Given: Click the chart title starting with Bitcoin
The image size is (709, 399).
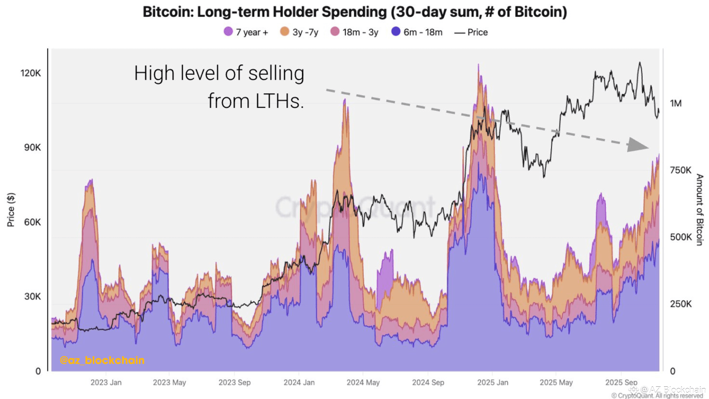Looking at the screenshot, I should tap(354, 12).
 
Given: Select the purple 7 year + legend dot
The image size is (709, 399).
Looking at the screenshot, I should tap(228, 32).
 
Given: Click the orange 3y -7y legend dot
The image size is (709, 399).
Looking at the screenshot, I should tap(284, 32).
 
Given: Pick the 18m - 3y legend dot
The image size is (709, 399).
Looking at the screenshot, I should tap(335, 32).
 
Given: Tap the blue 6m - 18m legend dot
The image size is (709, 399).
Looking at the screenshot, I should tap(396, 32).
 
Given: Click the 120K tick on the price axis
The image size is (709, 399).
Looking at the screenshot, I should tap(31, 73).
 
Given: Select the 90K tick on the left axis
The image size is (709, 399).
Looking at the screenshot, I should tap(32, 147).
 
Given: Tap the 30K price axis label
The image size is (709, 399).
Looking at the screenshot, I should tap(32, 297).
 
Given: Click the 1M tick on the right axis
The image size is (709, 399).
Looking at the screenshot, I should tap(676, 103).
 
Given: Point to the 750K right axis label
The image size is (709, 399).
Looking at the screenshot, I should tap(681, 170).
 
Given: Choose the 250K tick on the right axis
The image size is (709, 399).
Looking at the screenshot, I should tap(681, 304).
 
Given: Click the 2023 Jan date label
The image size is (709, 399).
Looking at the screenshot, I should tap(106, 383).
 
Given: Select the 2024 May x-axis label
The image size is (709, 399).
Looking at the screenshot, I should tap(363, 383).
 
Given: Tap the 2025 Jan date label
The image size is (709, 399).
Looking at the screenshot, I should tap(493, 383).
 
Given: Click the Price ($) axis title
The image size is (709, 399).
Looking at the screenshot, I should tap(11, 209).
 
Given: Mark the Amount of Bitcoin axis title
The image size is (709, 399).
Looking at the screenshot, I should tap(699, 209).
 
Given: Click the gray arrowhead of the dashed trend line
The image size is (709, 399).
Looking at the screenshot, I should tap(637, 145).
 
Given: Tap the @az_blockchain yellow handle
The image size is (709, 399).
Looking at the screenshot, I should tap(102, 360).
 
